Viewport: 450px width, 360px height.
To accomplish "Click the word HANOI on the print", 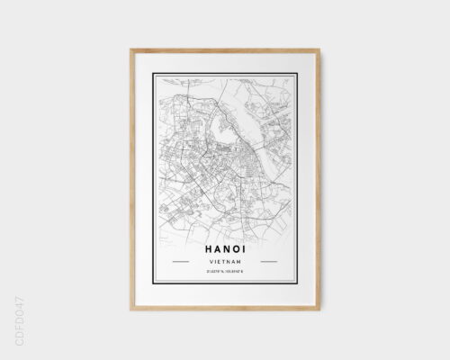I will [x=222, y=243].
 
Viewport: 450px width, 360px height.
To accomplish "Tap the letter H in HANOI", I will [x=197, y=243].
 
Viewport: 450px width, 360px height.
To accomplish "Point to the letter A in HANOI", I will [x=210, y=243].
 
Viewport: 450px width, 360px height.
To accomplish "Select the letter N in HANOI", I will [x=222, y=243].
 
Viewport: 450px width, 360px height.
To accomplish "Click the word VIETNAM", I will [x=222, y=261].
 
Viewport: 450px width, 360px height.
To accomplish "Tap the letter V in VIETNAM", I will [x=208, y=261].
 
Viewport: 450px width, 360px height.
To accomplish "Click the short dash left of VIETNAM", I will [x=179, y=261].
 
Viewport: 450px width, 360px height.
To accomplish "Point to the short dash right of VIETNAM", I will [x=265, y=261].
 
